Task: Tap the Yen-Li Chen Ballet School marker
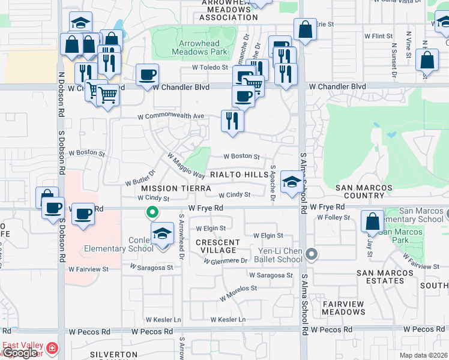(311, 254)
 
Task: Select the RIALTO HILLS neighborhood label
(240, 174)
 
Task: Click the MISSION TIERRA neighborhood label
(168, 188)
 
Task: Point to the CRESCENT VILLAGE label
(218, 246)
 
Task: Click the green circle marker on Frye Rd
(152, 212)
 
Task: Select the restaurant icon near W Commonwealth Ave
(232, 121)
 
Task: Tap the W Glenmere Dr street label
(226, 261)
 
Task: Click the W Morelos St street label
(238, 292)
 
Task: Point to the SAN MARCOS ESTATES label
(385, 277)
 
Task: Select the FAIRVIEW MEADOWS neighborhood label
(343, 308)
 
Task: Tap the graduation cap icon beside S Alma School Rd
(292, 181)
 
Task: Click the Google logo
(20, 353)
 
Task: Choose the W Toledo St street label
(210, 68)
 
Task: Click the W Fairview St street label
(88, 269)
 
